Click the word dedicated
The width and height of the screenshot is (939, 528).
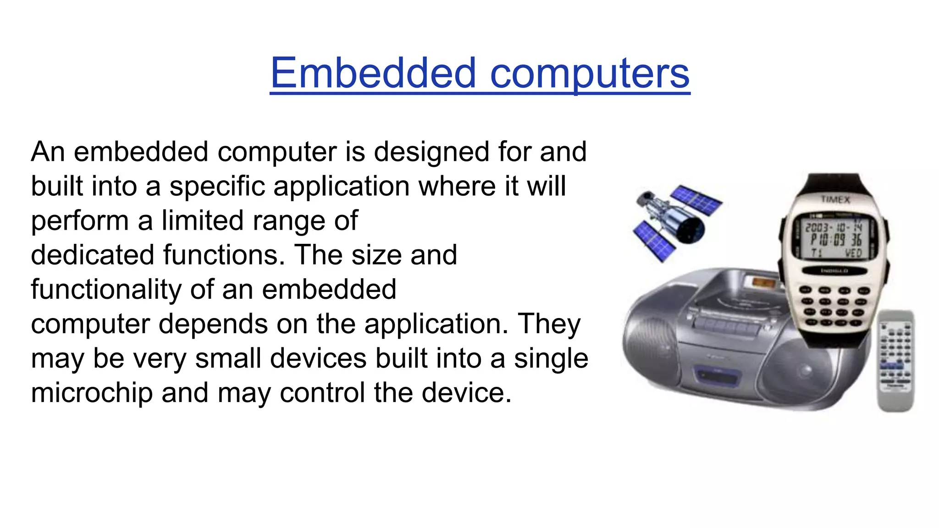click(x=92, y=255)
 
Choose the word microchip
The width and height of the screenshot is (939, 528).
click(x=91, y=393)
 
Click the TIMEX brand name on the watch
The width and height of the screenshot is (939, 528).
click(x=835, y=199)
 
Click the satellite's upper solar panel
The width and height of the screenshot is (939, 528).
click(x=696, y=200)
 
